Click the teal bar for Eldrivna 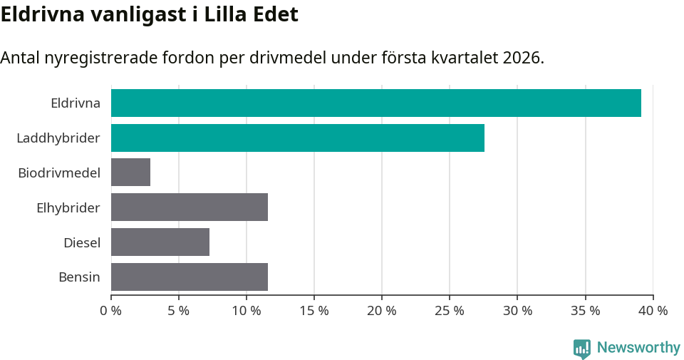click(x=375, y=103)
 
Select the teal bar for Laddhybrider click(x=297, y=138)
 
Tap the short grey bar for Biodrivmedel click(x=130, y=173)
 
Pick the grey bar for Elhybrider click(x=189, y=207)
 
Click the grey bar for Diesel click(x=160, y=242)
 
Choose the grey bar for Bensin click(x=189, y=277)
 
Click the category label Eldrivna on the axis click(x=76, y=103)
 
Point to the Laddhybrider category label click(x=58, y=138)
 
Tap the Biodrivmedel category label click(x=59, y=173)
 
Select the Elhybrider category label click(x=68, y=207)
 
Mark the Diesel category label click(x=82, y=242)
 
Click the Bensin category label click(x=79, y=277)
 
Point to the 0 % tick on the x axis click(x=110, y=311)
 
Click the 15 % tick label click(x=313, y=311)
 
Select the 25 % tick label click(x=449, y=311)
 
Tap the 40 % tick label click(x=653, y=311)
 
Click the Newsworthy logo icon click(x=582, y=348)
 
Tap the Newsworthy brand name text click(x=638, y=348)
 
